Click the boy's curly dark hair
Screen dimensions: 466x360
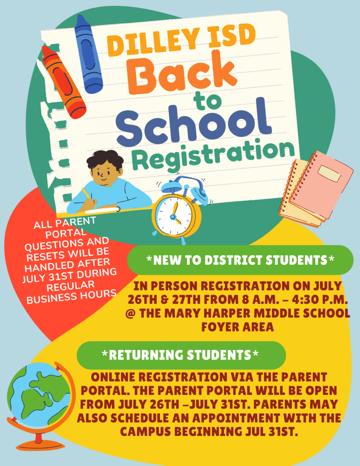click(x=105, y=159)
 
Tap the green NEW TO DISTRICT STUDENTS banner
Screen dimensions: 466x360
click(x=240, y=260)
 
